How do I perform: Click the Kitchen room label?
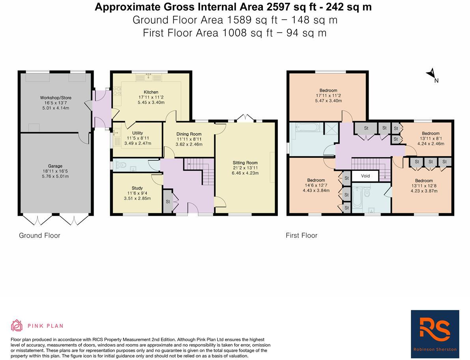tap(151, 92)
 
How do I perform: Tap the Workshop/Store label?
tap(56, 97)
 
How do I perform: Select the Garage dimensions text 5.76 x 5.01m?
tap(56, 176)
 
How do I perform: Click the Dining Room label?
tap(189, 134)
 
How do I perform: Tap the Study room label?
tap(137, 188)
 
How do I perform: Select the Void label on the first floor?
tap(365, 176)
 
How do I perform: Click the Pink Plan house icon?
tap(17, 326)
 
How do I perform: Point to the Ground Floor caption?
tap(39, 235)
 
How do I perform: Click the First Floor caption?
tap(301, 235)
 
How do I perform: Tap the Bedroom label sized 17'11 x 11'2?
tap(328, 90)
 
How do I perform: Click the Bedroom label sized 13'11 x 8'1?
tap(430, 133)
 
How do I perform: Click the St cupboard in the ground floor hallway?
tap(168, 201)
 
